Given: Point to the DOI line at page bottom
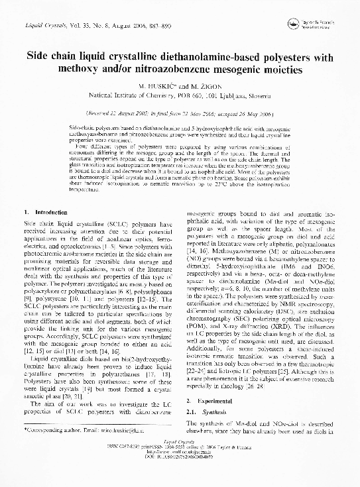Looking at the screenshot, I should [x=180, y=475].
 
